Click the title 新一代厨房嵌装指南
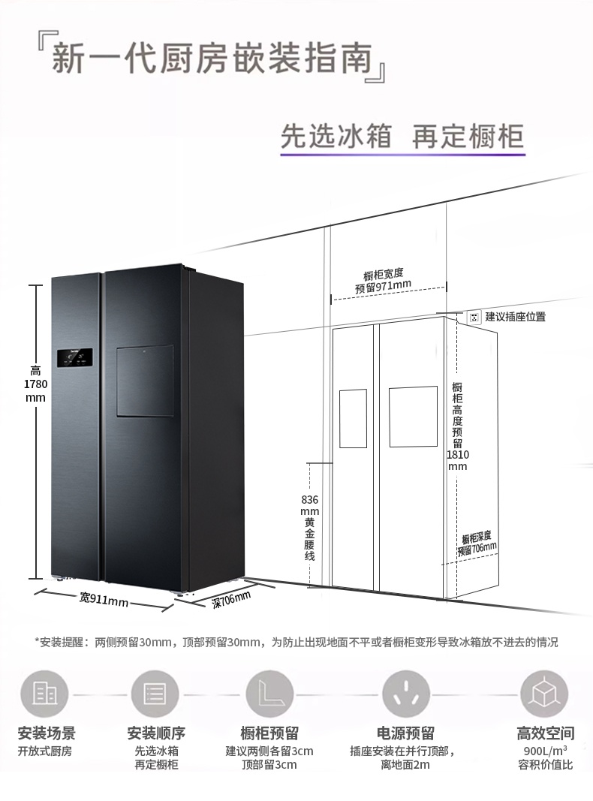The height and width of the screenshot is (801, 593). [x=218, y=59]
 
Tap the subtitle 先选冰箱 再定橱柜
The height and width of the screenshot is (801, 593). [x=402, y=137]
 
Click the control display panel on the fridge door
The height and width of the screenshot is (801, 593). [x=74, y=359]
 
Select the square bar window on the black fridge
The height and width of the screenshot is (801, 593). [x=145, y=381]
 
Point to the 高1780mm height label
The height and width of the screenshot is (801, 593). [x=35, y=384]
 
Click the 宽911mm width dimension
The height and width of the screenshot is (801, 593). [x=104, y=600]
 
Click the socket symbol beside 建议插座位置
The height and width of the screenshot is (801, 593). [x=474, y=317]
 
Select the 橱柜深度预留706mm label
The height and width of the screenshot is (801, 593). [x=477, y=543]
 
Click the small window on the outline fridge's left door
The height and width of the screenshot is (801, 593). [x=353, y=418]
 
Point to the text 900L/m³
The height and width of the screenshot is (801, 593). [x=545, y=750]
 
